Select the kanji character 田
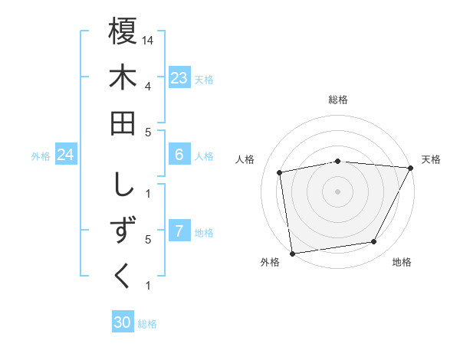123,123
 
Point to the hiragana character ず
123,230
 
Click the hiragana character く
123,277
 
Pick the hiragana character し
123,184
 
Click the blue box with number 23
179,77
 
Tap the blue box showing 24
66,155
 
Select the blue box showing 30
123,323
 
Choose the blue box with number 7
179,231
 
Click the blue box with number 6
179,155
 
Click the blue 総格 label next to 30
148,324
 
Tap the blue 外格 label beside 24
41,156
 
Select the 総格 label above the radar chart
338,100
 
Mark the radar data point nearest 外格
292,253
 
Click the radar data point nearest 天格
411,168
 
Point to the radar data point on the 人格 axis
281,172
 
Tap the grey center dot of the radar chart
338,191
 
